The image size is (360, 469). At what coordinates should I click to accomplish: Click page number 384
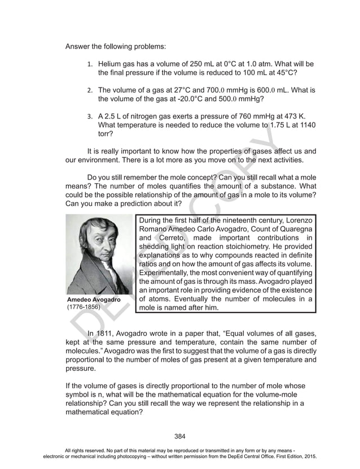click(x=180, y=436)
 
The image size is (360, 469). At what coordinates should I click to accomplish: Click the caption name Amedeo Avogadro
click(x=94, y=299)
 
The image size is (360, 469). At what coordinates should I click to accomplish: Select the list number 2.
click(x=90, y=90)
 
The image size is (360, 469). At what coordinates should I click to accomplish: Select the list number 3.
click(x=90, y=116)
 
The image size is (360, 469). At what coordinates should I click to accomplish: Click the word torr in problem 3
click(x=105, y=134)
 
